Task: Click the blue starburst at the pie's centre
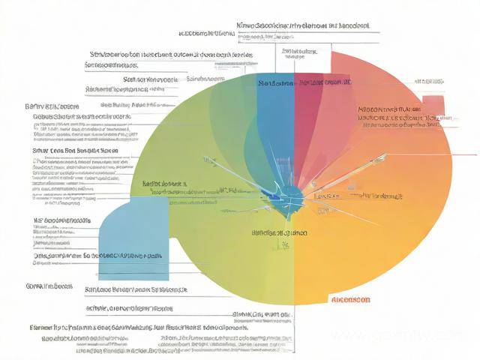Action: click(289, 197)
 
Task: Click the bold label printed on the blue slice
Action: click(274, 82)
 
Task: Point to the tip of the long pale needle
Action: click(386, 154)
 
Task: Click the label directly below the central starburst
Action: click(279, 233)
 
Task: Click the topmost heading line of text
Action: click(302, 25)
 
